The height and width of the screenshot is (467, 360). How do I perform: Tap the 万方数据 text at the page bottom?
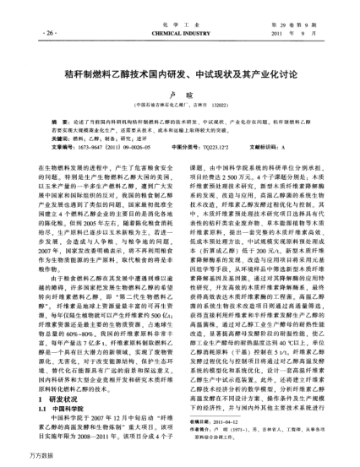pyautogui.click(x=19, y=459)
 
